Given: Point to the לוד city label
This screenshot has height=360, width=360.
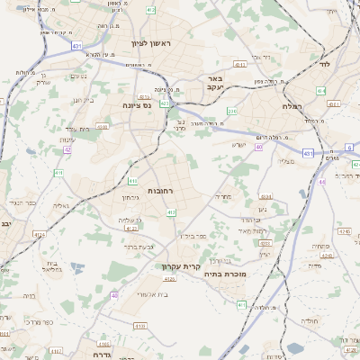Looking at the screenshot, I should [x=326, y=65].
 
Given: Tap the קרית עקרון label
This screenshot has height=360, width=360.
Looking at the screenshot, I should [x=179, y=265].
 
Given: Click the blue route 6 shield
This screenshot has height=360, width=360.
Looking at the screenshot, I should [x=349, y=146].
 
